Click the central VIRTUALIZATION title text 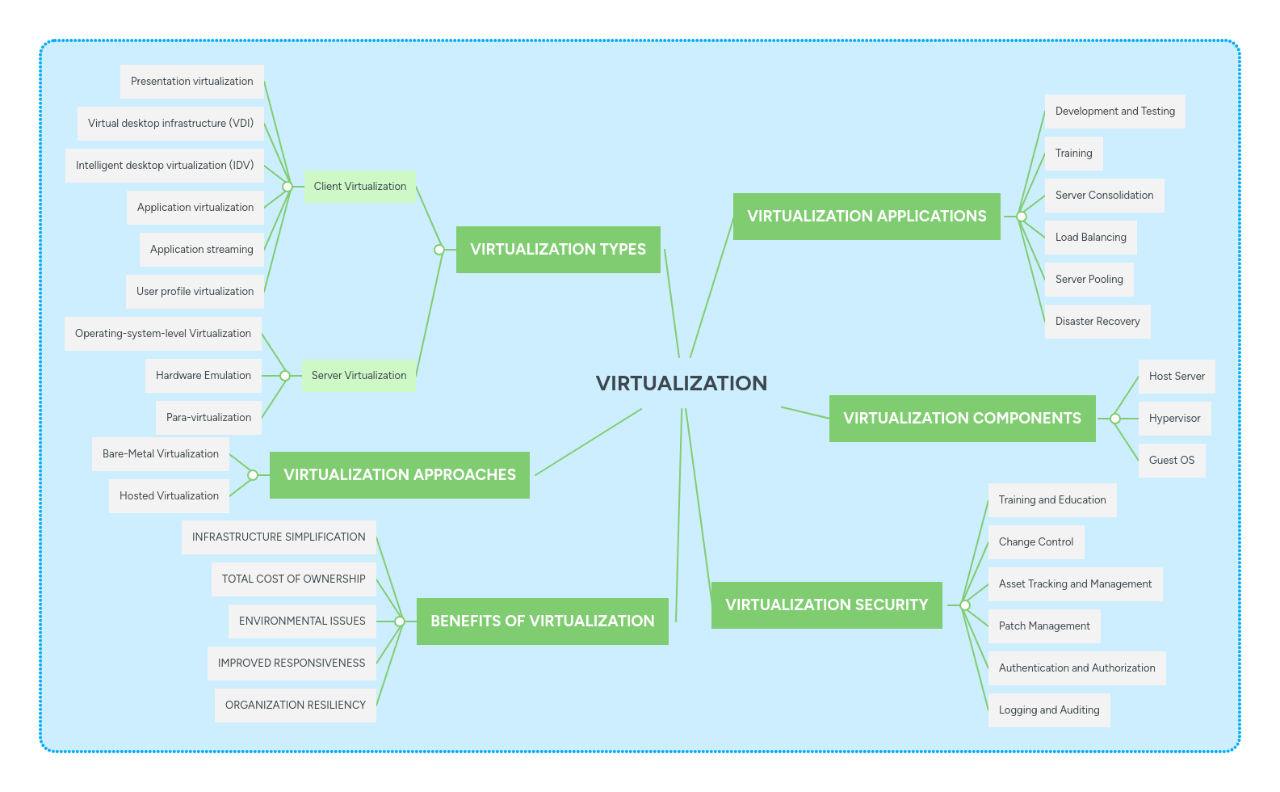[x=681, y=383]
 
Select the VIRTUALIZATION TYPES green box [x=558, y=250]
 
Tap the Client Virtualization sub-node [x=360, y=187]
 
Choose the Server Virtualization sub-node [x=359, y=376]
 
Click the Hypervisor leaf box [x=1174, y=419]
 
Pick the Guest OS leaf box [x=1171, y=461]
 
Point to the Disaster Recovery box [x=1097, y=322]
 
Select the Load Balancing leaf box [x=1090, y=238]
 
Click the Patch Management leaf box [x=1043, y=626]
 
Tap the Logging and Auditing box [x=1048, y=710]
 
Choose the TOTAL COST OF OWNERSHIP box [x=293, y=579]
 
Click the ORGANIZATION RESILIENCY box [x=295, y=706]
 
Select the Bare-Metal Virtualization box [x=160, y=454]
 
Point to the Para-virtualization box [x=208, y=418]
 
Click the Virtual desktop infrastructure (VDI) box [x=170, y=124]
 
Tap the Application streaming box [x=201, y=250]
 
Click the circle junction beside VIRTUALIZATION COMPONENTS [x=1115, y=419]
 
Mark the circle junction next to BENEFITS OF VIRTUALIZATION [x=400, y=621]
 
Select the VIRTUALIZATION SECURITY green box [x=826, y=605]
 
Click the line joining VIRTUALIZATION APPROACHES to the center [x=588, y=442]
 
